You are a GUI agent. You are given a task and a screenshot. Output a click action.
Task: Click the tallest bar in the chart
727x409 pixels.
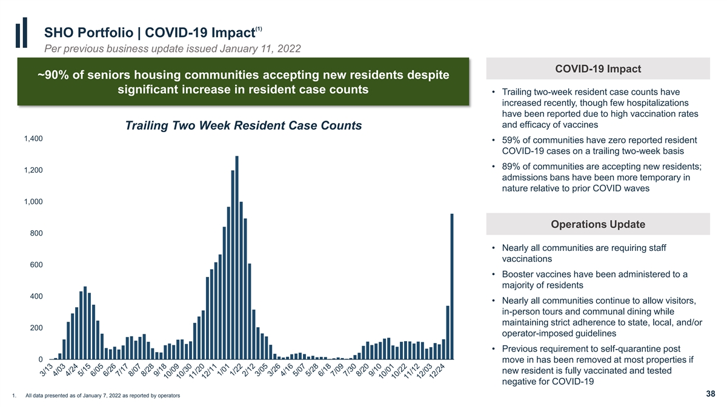237,258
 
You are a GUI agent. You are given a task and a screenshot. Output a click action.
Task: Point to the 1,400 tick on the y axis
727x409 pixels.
33,139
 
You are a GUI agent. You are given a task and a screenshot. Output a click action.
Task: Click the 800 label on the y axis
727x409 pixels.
36,233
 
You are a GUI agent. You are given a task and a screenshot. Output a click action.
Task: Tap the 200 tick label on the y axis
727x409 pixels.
36,328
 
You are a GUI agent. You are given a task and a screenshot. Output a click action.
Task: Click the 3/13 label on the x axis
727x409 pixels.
47,370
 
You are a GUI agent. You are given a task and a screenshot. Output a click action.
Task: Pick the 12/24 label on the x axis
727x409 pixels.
437,371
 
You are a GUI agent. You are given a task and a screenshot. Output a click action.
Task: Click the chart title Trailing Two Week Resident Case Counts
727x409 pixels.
244,125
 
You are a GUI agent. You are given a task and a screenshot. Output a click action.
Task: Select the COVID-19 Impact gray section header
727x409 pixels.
598,69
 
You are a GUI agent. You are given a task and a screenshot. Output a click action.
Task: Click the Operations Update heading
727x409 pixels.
598,224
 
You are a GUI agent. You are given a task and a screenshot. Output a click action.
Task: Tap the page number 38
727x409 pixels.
711,394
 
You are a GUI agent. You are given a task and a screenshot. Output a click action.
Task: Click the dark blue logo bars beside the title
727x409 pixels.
21,33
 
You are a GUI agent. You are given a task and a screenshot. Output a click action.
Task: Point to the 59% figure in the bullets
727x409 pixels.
511,140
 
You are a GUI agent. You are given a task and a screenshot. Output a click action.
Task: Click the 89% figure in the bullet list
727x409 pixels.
511,167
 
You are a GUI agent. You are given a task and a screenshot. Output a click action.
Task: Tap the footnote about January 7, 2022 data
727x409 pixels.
102,396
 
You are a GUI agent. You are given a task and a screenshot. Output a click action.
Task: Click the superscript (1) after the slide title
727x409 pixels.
259,29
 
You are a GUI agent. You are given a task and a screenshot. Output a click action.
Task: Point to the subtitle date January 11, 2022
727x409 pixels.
261,48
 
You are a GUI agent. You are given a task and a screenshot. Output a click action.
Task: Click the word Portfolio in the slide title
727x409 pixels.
106,33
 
